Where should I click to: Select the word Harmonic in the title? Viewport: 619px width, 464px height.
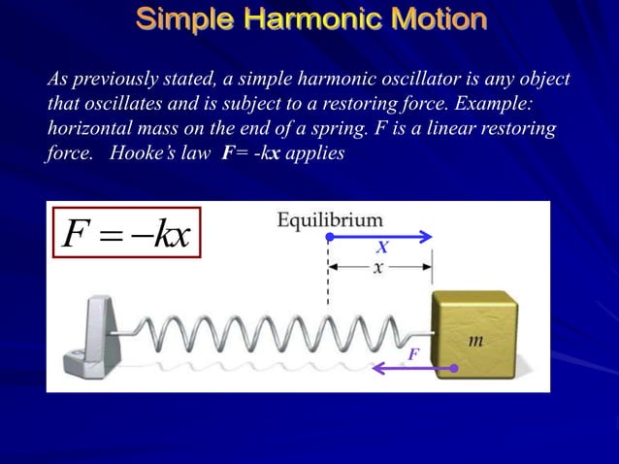tap(307, 19)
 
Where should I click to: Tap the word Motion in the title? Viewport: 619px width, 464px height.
tap(434, 19)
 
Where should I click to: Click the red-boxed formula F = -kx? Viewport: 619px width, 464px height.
tap(126, 233)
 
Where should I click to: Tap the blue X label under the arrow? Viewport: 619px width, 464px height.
tap(381, 249)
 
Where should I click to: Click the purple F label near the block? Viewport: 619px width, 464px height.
tap(413, 354)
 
